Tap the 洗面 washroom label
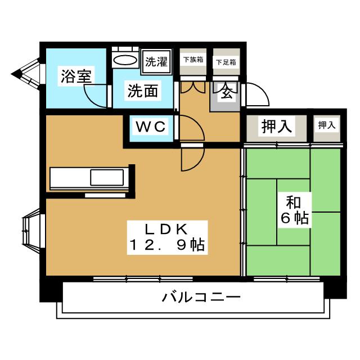tap(143, 91)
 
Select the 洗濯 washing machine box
tap(156, 61)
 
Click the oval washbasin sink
tap(125, 61)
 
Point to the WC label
tap(151, 127)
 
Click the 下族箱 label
tap(193, 60)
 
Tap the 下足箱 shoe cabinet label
tap(226, 62)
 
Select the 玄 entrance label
tap(227, 92)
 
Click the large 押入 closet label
tap(277, 126)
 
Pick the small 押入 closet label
tap(327, 125)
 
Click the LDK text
tap(166, 229)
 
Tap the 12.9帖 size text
tap(167, 245)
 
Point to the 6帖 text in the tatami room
tap(295, 218)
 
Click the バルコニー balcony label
tap(201, 297)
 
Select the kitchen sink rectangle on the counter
tap(107, 177)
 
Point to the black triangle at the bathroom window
tap(16, 74)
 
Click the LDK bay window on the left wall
tap(31, 231)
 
